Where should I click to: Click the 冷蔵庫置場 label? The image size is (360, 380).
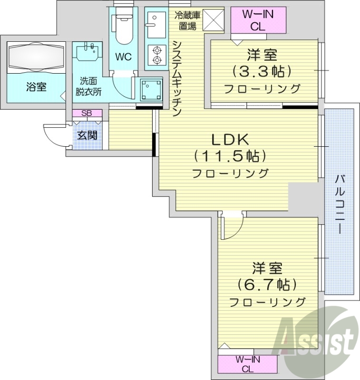(x=187, y=20)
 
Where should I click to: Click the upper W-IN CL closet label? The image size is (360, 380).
(x=258, y=20)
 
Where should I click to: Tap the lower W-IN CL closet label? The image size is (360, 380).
(x=247, y=364)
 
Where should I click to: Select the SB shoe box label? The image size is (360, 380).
(x=87, y=113)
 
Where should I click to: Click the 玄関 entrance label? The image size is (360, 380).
(x=87, y=135)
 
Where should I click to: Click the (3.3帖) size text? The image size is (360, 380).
(x=262, y=72)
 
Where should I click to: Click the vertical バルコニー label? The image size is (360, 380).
(x=340, y=204)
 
